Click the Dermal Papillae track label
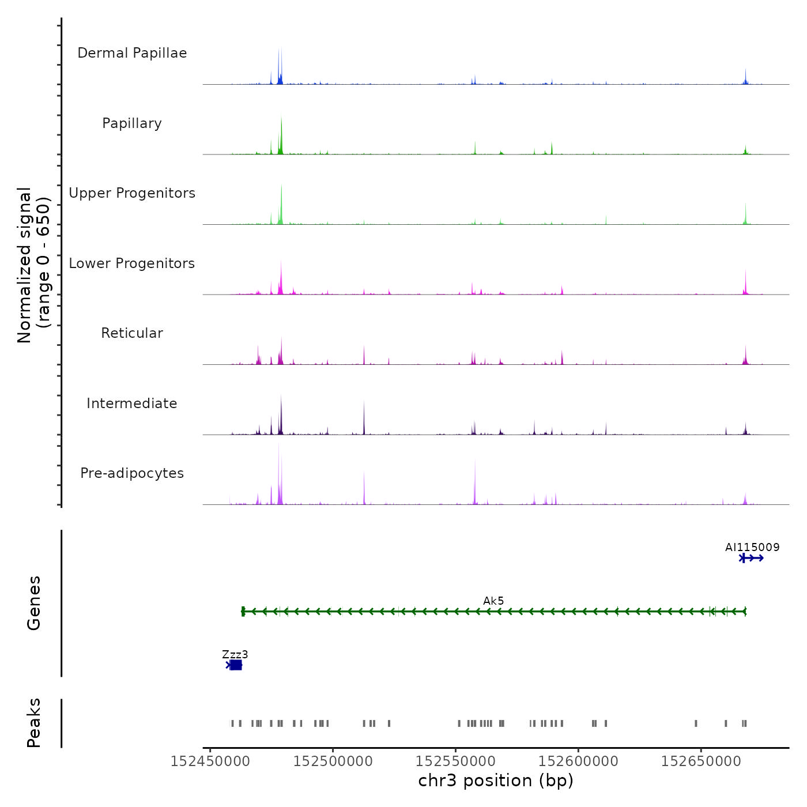pyautogui.click(x=132, y=53)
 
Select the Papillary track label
pyautogui.click(x=132, y=123)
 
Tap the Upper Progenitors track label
pyautogui.click(x=132, y=193)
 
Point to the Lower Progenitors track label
pyautogui.click(x=132, y=263)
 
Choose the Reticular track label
pyautogui.click(x=132, y=333)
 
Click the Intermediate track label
pyautogui.click(x=132, y=403)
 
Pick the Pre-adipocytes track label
pyautogui.click(x=132, y=473)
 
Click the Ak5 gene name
pyautogui.click(x=493, y=601)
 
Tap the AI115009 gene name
pyautogui.click(x=752, y=547)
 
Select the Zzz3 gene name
pyautogui.click(x=235, y=654)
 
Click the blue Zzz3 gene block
pyautogui.click(x=235, y=665)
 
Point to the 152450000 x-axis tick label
pyautogui.click(x=210, y=761)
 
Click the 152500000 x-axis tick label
pyautogui.click(x=333, y=761)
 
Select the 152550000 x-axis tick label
pyautogui.click(x=455, y=761)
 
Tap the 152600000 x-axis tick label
pyautogui.click(x=578, y=761)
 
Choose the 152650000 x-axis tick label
pyautogui.click(x=701, y=761)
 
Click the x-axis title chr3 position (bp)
pyautogui.click(x=496, y=780)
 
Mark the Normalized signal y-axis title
pyautogui.click(x=33, y=265)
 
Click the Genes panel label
pyautogui.click(x=34, y=603)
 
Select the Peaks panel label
pyautogui.click(x=34, y=723)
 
